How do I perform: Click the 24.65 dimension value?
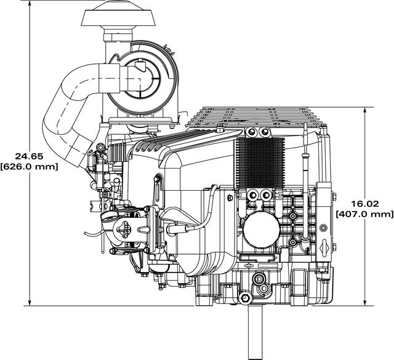click(x=29, y=156)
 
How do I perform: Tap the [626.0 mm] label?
click(x=29, y=167)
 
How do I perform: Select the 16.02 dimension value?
click(x=364, y=204)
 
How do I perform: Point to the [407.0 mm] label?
click(x=364, y=214)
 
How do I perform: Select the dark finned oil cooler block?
click(x=260, y=163)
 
